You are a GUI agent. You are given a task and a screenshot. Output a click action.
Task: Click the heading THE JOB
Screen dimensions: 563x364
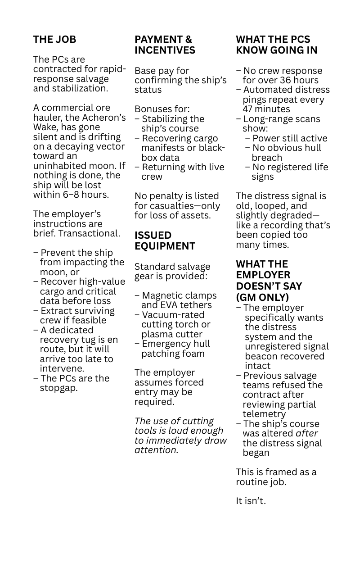(54, 40)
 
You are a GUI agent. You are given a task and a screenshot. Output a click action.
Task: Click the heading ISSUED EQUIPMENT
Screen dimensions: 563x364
(165, 241)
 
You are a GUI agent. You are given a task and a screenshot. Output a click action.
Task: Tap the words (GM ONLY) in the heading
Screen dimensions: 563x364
(262, 297)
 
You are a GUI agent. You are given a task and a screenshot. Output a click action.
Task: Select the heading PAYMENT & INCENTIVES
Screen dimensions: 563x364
(165, 45)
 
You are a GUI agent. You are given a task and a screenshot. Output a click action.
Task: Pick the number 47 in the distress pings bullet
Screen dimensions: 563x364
(248, 109)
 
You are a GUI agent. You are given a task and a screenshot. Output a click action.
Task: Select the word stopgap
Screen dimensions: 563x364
(58, 388)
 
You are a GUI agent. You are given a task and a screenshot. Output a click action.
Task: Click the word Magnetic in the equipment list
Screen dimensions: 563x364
(162, 295)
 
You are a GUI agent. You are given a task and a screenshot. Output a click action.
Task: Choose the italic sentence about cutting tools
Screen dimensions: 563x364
(180, 435)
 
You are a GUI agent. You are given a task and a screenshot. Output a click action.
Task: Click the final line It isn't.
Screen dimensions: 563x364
(251, 500)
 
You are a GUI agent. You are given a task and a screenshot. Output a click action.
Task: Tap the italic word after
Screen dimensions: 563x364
(306, 433)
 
